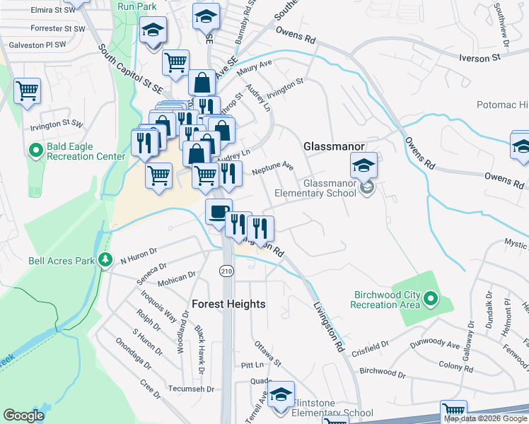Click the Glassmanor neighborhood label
point(334,146)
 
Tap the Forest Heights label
point(228,304)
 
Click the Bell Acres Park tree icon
point(105,260)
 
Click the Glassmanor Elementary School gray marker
point(366,188)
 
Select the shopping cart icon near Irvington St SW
point(27,90)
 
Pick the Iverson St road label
point(484,59)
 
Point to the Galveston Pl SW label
point(37,45)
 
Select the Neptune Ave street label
point(272,169)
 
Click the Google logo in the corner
point(23,415)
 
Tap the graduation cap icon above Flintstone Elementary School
point(281,394)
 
